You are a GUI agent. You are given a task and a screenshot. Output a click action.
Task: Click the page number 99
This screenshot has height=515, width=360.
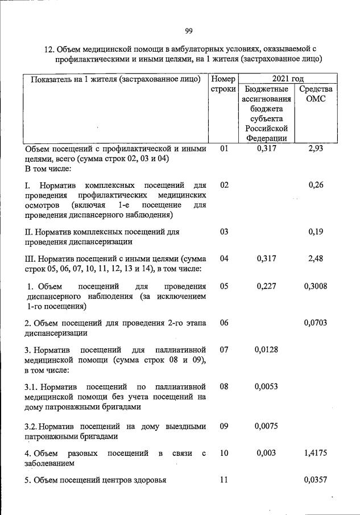(x=189, y=30)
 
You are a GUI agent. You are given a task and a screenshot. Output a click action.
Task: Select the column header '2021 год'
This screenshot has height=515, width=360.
(x=288, y=78)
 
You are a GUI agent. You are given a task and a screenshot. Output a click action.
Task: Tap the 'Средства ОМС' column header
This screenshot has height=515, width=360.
(x=316, y=95)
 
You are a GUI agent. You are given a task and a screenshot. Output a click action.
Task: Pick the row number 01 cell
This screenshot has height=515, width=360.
(x=224, y=149)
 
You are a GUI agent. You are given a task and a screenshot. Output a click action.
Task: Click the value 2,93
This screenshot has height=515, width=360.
(x=316, y=149)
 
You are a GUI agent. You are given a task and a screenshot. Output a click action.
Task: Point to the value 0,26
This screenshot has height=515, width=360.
(x=316, y=185)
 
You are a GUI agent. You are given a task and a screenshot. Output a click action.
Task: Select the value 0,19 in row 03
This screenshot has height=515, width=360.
(x=316, y=232)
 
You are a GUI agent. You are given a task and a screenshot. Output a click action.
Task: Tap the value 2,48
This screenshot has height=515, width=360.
(x=316, y=258)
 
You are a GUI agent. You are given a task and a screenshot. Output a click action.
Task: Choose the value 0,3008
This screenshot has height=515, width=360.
(x=316, y=286)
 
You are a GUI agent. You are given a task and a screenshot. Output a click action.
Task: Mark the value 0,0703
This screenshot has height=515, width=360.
(x=316, y=323)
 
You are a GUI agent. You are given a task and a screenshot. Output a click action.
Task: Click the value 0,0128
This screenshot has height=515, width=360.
(x=266, y=349)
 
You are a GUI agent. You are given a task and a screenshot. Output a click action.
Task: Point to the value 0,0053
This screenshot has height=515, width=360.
(x=266, y=386)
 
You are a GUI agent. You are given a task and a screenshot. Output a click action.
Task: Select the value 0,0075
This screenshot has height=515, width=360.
(x=266, y=426)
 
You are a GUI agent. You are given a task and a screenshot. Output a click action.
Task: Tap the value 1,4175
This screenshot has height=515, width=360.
(x=316, y=453)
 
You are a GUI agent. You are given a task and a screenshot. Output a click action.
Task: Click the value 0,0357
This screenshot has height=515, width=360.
(x=316, y=480)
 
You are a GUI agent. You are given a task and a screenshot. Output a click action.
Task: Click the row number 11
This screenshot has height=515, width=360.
(x=224, y=480)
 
